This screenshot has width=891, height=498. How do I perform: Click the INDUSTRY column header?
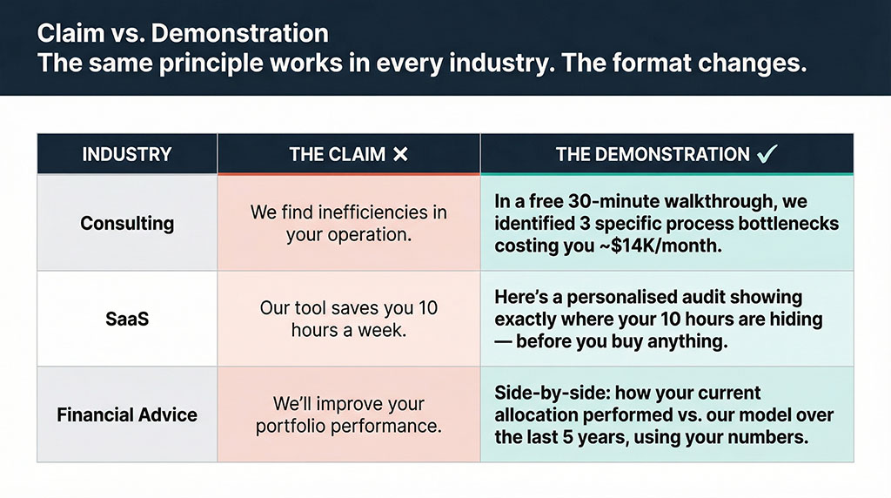coord(126,155)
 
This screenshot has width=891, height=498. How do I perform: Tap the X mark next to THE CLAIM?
coord(399,155)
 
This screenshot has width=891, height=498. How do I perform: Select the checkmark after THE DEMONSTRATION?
coord(767,155)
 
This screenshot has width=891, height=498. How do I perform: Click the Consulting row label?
coord(126,223)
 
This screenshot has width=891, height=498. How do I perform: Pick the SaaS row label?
coord(126,319)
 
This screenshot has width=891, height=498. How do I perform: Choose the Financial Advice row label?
coord(126,414)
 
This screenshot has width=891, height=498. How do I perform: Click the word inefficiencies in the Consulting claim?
coord(373,212)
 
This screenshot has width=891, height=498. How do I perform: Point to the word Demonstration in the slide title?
coord(251,34)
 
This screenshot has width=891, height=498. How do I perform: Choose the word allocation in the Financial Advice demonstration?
coord(538,414)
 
